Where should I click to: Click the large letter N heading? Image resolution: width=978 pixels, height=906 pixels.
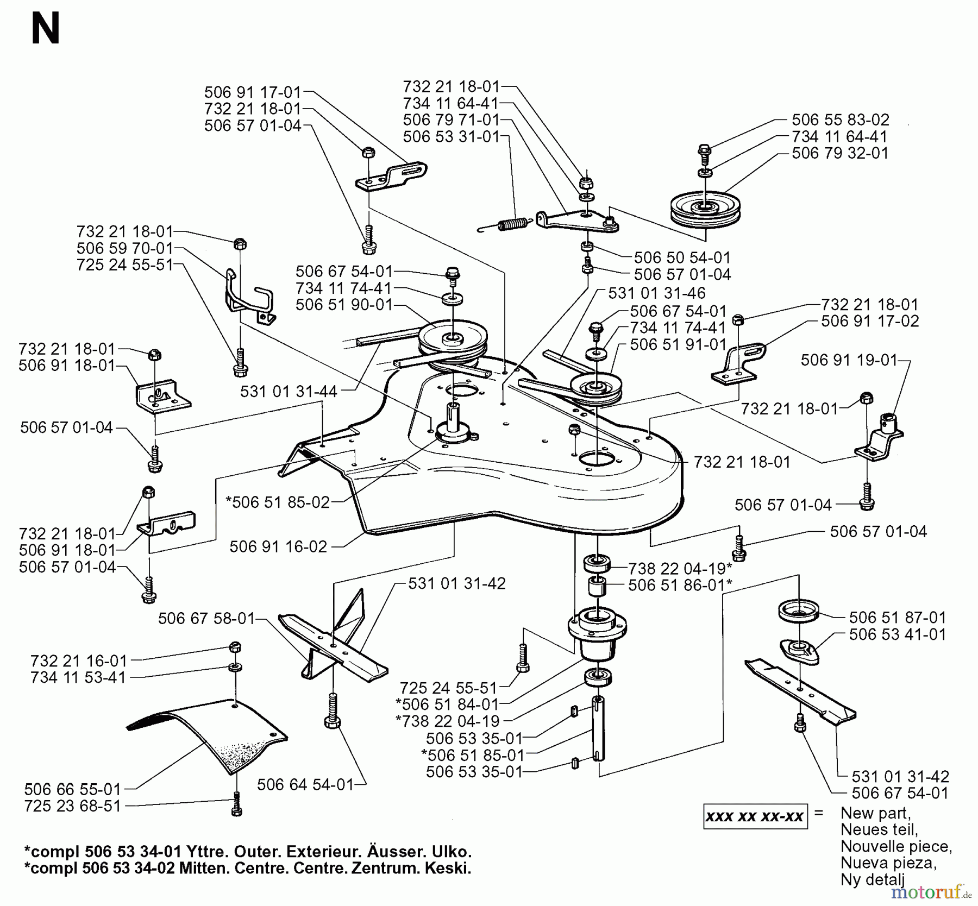(45, 30)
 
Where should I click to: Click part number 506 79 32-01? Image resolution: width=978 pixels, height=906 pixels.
(839, 153)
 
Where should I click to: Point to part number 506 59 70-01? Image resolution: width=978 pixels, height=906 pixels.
(124, 248)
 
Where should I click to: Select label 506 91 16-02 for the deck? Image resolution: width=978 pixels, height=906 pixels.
(278, 546)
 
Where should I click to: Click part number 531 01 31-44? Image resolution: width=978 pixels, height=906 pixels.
(289, 391)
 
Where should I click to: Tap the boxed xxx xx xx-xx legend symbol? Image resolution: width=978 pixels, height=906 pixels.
(755, 816)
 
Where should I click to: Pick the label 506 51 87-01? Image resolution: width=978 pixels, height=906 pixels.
(897, 618)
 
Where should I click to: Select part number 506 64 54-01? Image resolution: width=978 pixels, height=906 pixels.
(305, 784)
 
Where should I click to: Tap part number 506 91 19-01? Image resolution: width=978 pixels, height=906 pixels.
(849, 360)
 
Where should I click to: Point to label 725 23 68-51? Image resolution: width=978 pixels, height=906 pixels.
(72, 806)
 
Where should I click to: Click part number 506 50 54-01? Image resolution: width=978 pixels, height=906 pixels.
(682, 257)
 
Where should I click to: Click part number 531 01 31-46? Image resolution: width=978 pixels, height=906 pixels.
(656, 293)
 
